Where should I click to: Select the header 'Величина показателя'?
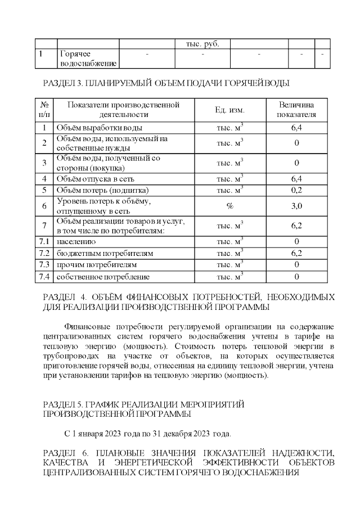pyautogui.click(x=296, y=110)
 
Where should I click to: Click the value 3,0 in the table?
pyautogui.click(x=296, y=206)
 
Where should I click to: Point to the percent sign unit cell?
pyautogui.click(x=229, y=206)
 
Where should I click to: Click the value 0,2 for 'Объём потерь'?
pyautogui.click(x=296, y=190)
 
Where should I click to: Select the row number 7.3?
pyautogui.click(x=44, y=264)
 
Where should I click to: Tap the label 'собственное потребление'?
pyautogui.click(x=102, y=277)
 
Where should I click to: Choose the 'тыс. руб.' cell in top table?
pyautogui.click(x=202, y=44)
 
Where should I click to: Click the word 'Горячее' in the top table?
pyautogui.click(x=74, y=54)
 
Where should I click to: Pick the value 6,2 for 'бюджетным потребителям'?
pyautogui.click(x=296, y=254)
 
